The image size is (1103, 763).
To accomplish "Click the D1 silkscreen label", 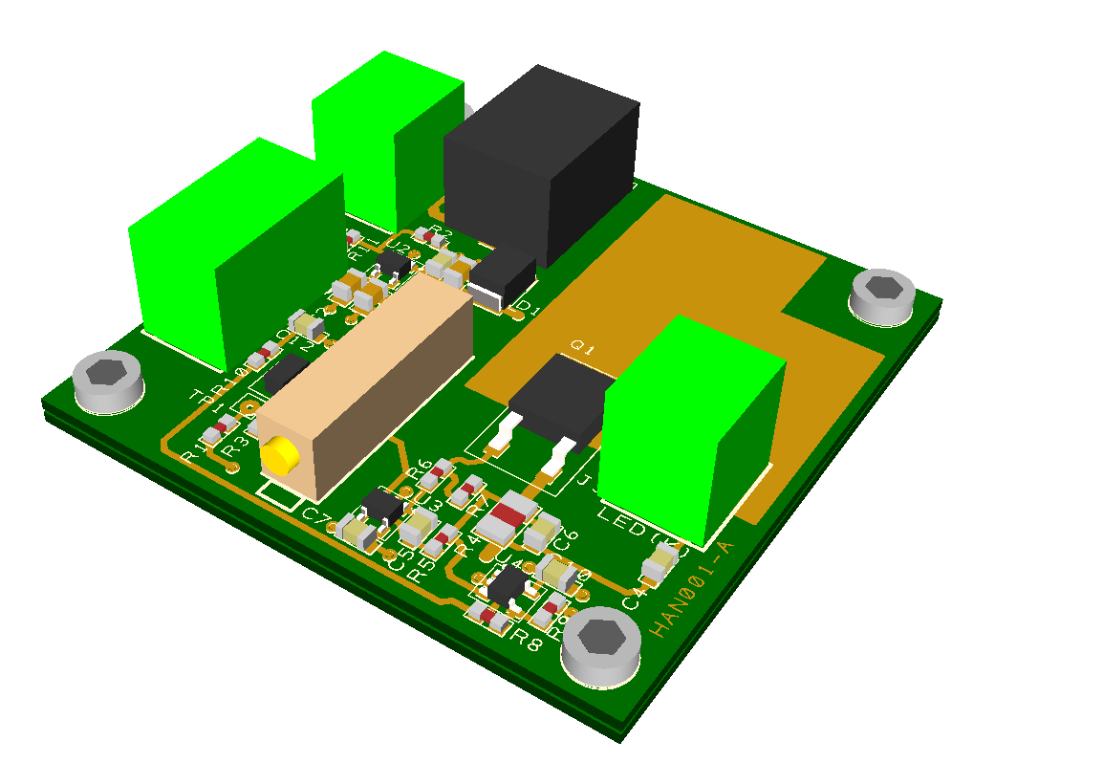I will click(x=528, y=308).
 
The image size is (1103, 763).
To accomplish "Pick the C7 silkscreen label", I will click(x=316, y=517).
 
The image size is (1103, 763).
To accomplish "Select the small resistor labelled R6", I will click(x=441, y=469).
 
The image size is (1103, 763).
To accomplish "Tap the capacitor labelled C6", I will click(x=543, y=528).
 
